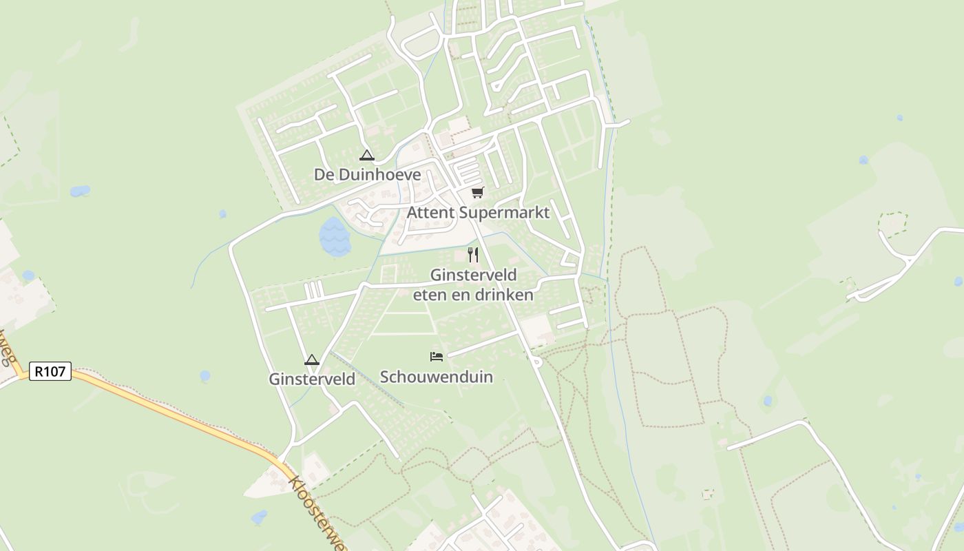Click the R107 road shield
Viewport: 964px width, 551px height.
tap(50, 371)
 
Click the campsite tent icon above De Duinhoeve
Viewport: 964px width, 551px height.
tap(366, 155)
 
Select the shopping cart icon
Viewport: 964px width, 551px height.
tap(477, 192)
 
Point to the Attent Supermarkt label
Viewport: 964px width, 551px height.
tap(478, 212)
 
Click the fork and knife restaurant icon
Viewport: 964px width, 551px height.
tap(472, 255)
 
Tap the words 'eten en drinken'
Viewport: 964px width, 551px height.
tap(473, 295)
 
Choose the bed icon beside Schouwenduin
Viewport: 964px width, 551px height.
tap(436, 356)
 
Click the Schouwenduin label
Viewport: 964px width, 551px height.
tap(437, 377)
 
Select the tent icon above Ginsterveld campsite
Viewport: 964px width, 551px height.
tap(312, 360)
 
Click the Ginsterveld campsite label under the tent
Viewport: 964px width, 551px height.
tap(312, 379)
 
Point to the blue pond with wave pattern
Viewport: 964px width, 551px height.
tap(335, 236)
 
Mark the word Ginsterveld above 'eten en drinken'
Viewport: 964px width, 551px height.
tap(473, 275)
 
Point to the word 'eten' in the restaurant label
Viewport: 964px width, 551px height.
tap(428, 295)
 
